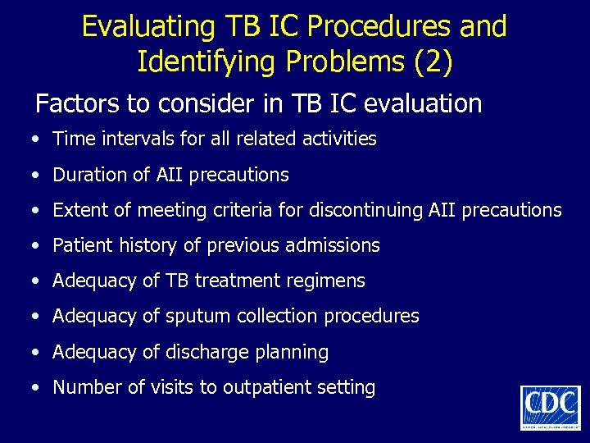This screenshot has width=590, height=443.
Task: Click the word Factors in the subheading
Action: [72, 104]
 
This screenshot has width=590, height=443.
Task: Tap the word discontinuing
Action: [366, 210]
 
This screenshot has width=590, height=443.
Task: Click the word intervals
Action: [127, 139]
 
